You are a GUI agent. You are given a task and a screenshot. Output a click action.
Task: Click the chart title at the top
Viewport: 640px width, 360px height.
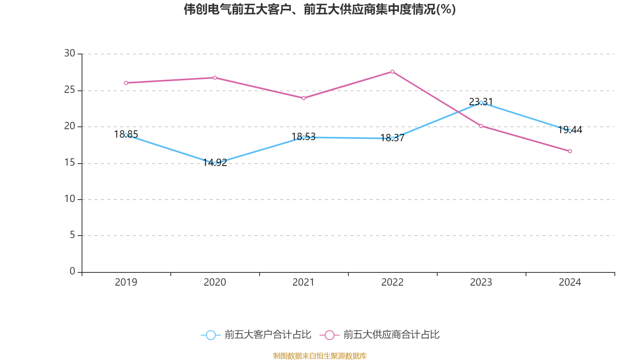click(320, 9)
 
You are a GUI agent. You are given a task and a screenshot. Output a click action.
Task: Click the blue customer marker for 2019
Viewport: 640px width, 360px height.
click(126, 135)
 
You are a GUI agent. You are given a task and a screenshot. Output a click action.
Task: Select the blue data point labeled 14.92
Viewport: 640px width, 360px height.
click(215, 163)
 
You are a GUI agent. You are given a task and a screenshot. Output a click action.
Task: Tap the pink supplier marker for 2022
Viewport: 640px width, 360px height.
click(392, 72)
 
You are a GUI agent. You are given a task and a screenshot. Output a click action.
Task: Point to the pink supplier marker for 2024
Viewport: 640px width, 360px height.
click(570, 151)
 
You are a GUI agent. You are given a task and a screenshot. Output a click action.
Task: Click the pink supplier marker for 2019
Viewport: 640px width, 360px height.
click(126, 83)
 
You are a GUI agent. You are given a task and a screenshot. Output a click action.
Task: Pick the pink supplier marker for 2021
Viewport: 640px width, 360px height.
click(304, 98)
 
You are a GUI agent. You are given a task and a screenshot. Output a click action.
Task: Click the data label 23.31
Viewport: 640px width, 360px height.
click(481, 102)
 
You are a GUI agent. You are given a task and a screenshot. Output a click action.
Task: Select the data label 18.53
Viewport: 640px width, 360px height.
click(304, 137)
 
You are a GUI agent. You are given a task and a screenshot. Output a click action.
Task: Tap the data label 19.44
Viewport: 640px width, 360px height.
click(570, 130)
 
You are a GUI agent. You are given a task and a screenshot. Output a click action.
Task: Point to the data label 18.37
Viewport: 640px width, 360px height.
click(392, 138)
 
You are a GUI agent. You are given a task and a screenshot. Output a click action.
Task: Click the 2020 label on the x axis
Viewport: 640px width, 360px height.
click(215, 282)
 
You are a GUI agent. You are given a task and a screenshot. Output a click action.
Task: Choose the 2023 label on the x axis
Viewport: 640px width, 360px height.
click(481, 282)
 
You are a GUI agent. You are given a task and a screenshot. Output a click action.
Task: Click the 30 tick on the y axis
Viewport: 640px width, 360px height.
click(70, 54)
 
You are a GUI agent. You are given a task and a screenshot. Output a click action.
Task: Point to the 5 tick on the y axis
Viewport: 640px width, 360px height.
click(72, 235)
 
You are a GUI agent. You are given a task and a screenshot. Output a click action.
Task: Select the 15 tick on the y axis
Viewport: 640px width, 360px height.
click(70, 163)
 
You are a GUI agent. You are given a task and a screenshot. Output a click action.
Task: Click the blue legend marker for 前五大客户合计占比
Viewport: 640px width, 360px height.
click(210, 335)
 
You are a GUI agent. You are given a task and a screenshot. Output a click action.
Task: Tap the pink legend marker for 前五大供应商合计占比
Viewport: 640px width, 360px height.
click(329, 335)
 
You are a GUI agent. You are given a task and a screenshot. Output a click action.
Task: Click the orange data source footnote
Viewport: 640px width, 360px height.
click(320, 356)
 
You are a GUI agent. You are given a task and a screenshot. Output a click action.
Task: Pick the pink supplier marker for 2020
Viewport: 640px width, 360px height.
click(215, 78)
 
